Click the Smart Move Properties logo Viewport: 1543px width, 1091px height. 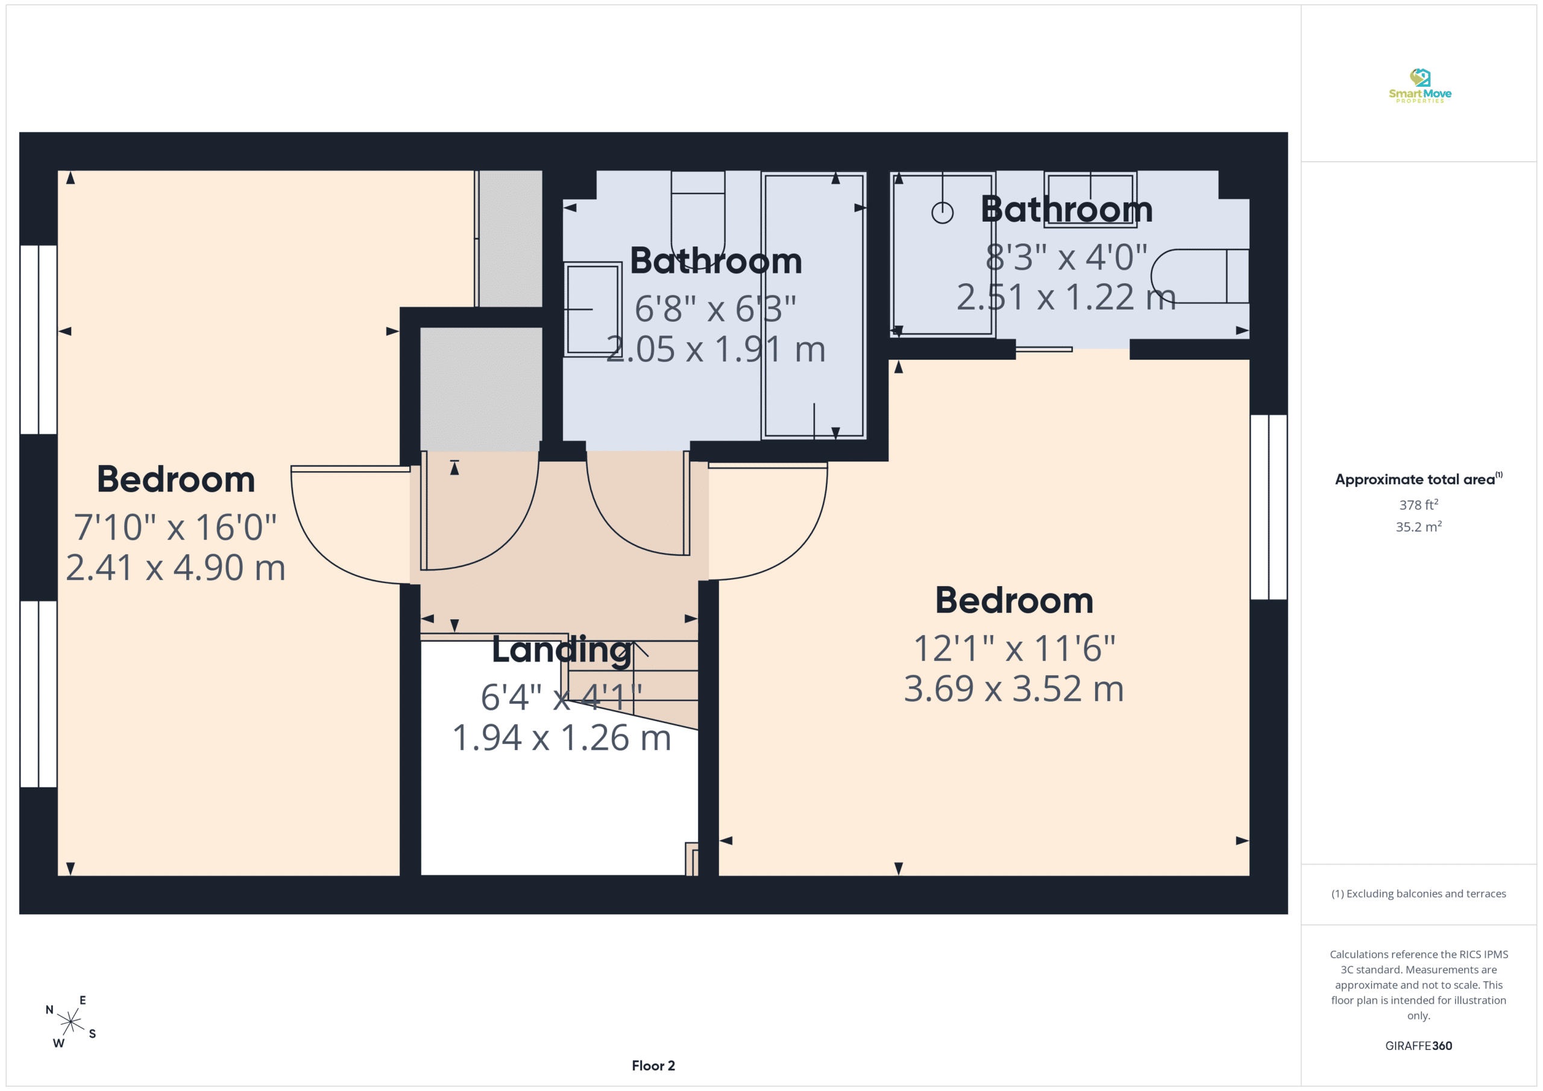1419,86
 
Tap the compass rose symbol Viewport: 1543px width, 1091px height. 71,1022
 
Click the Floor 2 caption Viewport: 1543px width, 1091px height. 653,1066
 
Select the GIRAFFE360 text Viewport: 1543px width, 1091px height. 1419,1046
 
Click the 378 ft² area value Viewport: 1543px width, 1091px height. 1419,504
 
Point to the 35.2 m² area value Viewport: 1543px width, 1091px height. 1419,527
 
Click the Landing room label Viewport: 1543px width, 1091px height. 562,650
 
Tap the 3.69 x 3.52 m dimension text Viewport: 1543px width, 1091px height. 1013,689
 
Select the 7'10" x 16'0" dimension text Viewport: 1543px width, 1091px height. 175,527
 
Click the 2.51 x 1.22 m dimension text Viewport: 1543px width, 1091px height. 1066,297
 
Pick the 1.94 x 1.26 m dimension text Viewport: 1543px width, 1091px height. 562,737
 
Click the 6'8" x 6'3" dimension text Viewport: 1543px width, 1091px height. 715,309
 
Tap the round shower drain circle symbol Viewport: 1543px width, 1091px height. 942,213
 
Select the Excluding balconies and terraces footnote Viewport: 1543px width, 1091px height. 1419,893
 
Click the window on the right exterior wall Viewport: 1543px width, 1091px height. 1269,507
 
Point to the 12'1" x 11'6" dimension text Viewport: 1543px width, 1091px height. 1014,648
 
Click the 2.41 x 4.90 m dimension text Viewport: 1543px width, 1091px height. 175,567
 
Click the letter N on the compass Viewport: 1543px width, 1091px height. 49,1010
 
